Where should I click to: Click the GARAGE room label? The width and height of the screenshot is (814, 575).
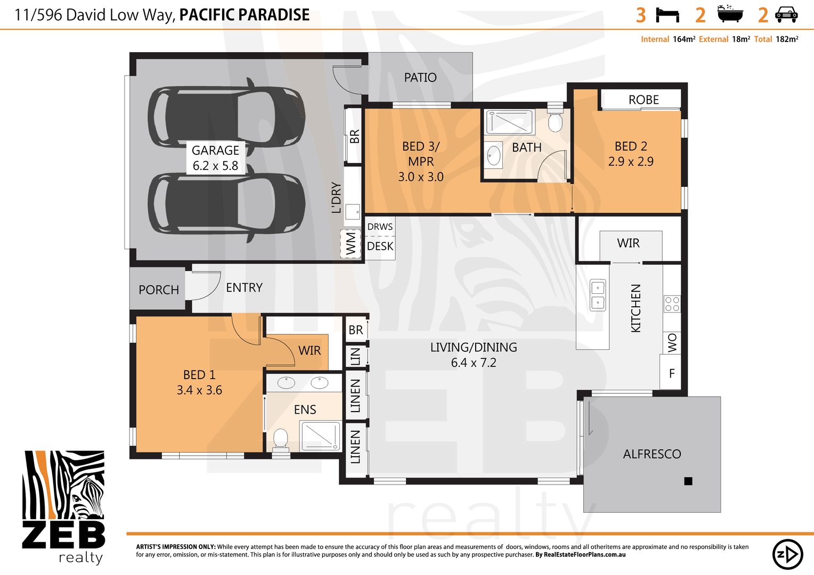click(215, 151)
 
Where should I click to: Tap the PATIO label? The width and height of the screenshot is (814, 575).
click(420, 78)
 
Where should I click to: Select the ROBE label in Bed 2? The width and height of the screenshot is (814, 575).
click(643, 100)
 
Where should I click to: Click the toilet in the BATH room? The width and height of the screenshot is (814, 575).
click(555, 121)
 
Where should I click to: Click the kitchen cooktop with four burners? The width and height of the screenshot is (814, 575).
click(672, 303)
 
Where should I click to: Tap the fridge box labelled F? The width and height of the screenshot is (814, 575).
click(671, 373)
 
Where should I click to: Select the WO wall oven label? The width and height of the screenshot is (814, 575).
click(672, 342)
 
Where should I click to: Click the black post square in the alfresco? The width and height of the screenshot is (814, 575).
click(688, 481)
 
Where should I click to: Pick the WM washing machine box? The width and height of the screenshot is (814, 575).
click(351, 243)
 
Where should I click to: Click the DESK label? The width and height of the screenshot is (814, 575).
click(380, 247)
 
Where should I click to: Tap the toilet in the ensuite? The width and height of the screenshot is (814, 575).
click(280, 440)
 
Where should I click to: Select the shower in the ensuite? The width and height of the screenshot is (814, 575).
click(320, 436)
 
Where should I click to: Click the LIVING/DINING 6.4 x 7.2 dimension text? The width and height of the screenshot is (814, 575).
click(473, 363)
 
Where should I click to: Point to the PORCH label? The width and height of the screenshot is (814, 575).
click(158, 290)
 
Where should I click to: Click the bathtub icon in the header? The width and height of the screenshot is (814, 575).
click(729, 14)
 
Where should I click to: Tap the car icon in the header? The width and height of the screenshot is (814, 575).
click(786, 14)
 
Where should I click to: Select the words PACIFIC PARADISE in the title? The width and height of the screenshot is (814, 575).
click(244, 15)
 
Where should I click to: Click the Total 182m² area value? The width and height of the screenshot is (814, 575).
click(786, 39)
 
